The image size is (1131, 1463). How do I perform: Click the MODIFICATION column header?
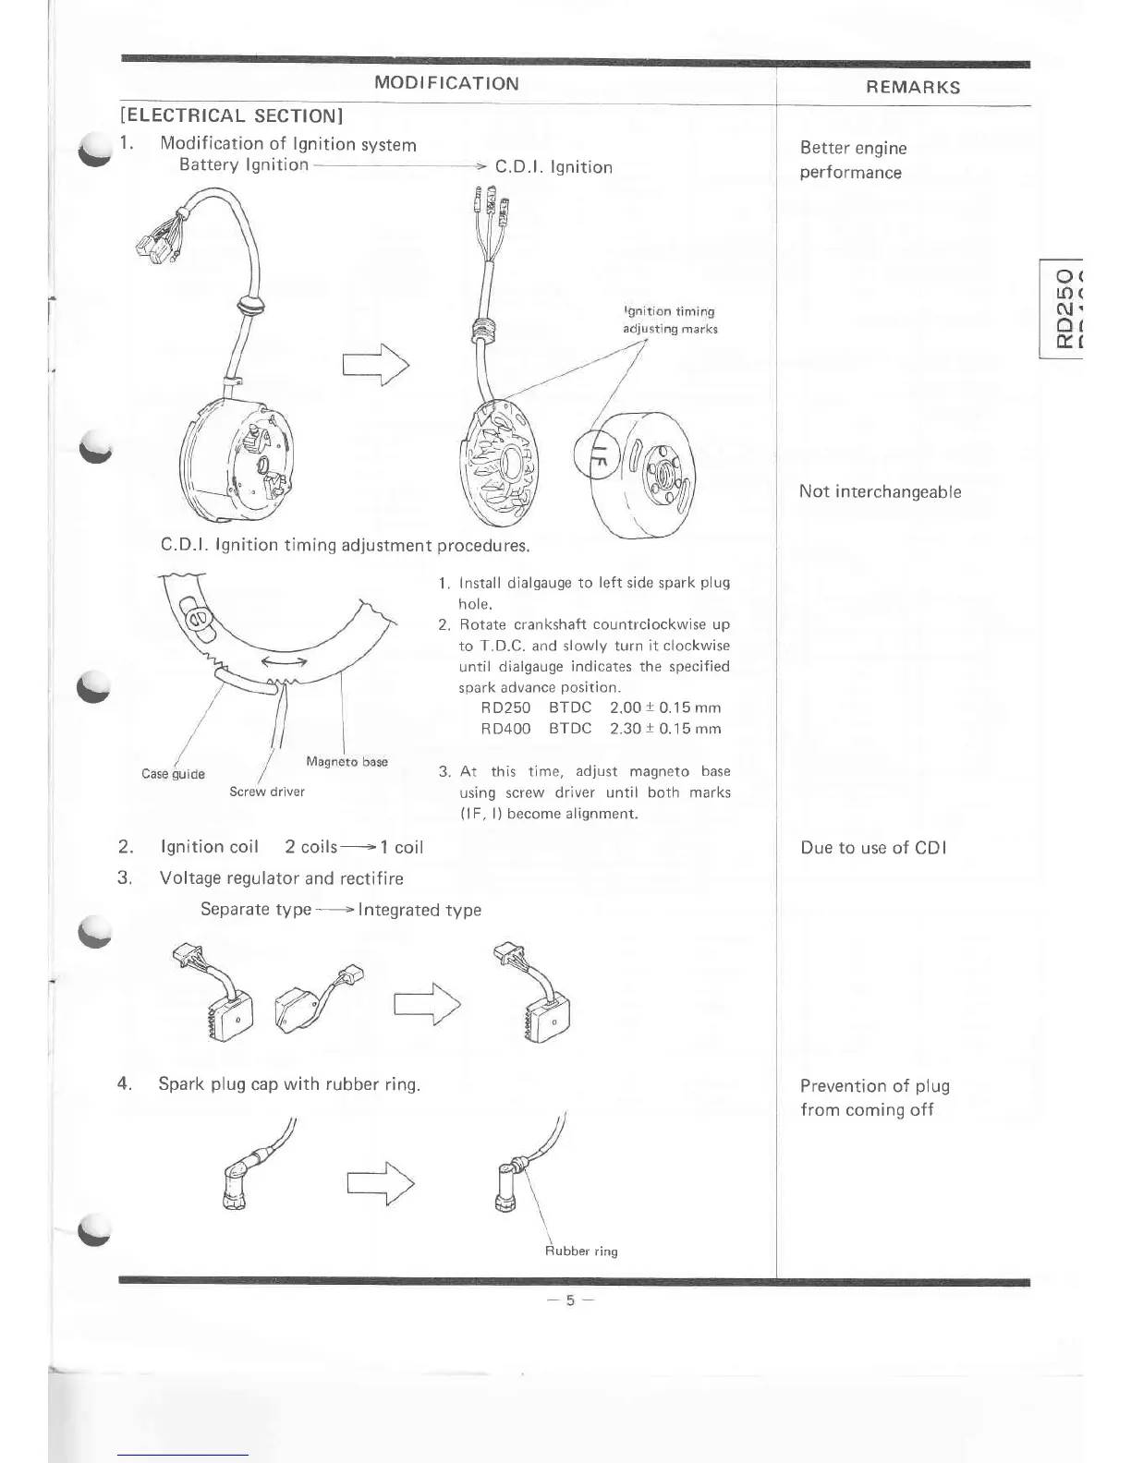coord(446,83)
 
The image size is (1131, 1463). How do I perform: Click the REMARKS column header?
coord(912,88)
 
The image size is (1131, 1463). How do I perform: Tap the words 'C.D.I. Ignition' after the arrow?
coord(553,167)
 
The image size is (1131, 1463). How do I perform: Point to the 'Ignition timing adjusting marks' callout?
coord(669,320)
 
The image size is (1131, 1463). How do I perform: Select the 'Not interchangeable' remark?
coord(880,491)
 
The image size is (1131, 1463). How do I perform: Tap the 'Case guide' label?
coord(173,774)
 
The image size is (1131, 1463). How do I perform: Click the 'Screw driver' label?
coord(267,792)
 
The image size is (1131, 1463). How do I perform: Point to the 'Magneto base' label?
coord(347,762)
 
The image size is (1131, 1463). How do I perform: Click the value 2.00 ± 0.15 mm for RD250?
coord(665,707)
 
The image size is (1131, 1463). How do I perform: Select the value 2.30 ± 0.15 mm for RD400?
coord(665,729)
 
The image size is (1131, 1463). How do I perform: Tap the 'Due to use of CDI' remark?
coord(873,848)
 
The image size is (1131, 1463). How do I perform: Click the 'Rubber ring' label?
coord(581,1251)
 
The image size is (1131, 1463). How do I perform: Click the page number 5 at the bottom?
coord(570,1300)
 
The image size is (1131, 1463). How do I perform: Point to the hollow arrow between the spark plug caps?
coord(380,1183)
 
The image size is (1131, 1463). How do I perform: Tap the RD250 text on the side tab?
coord(1065,308)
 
